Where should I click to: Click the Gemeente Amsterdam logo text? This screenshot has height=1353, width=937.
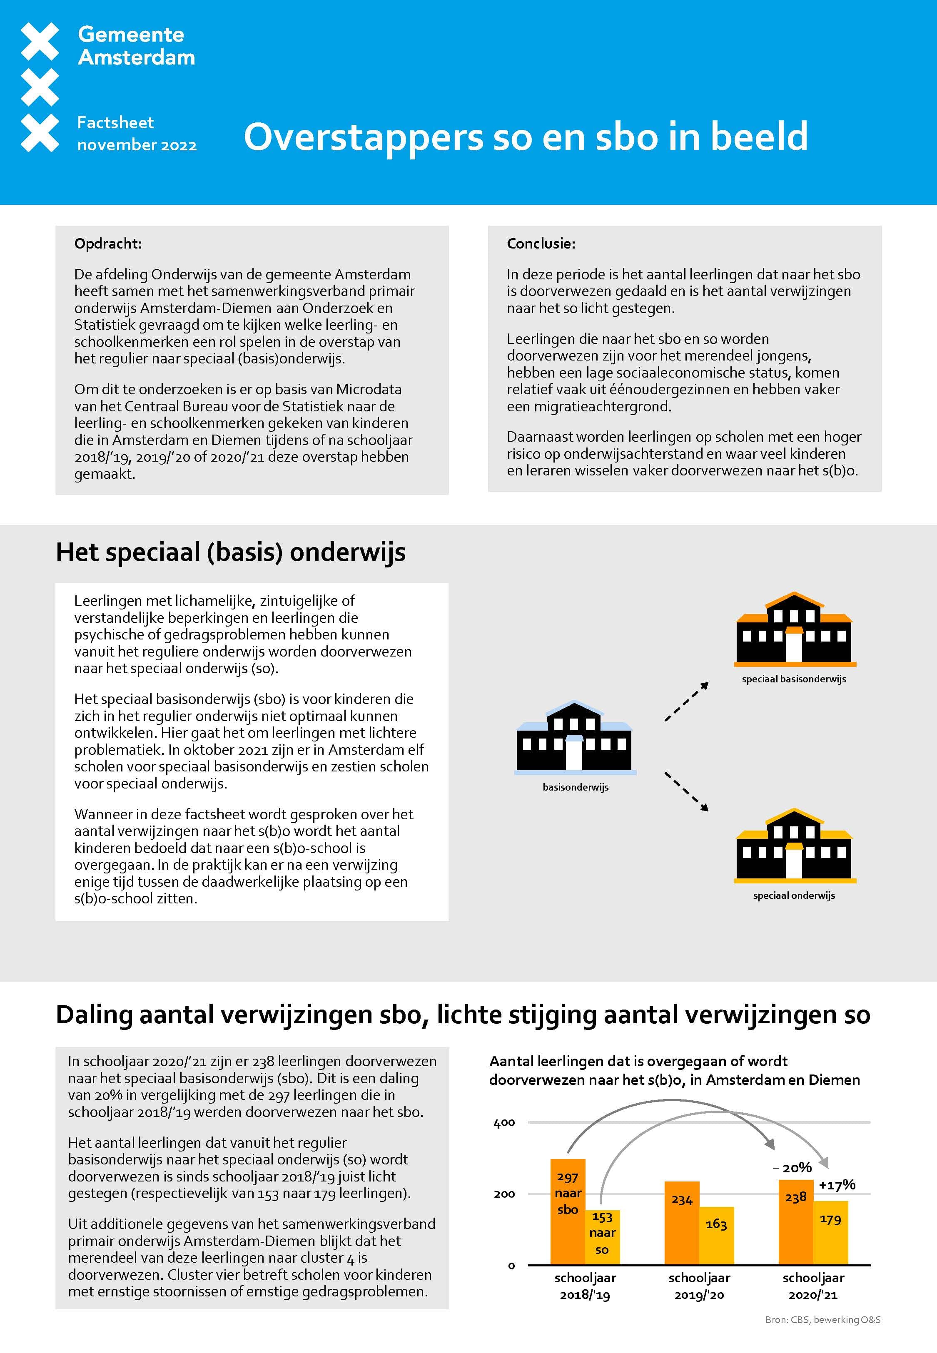click(136, 46)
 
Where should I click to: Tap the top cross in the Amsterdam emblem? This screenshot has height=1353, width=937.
click(40, 41)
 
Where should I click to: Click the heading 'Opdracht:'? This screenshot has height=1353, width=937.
click(108, 244)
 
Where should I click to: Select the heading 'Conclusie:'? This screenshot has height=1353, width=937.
click(541, 244)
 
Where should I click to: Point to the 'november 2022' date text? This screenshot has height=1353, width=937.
click(137, 145)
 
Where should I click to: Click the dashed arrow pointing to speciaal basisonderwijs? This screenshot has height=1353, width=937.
click(686, 702)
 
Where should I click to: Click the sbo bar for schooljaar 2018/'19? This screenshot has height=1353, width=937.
click(567, 1211)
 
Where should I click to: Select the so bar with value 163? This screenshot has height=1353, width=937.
click(716, 1235)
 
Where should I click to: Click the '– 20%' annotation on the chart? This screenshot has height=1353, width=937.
click(792, 1168)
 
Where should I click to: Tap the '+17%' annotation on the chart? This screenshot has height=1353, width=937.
click(837, 1185)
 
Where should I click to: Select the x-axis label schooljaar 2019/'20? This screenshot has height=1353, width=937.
click(699, 1286)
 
